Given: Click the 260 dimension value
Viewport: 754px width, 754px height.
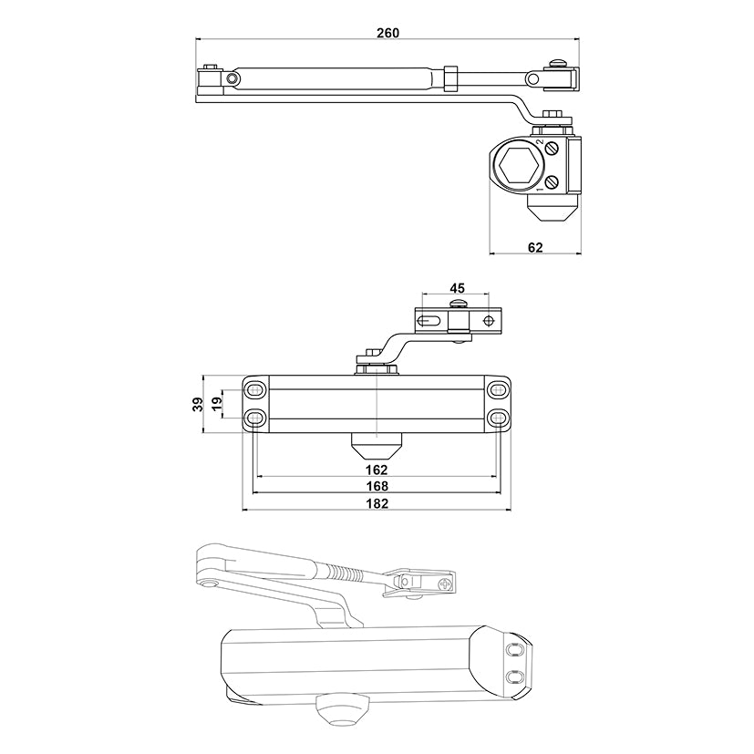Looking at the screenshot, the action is coord(387,33).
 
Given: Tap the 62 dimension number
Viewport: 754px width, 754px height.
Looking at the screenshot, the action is coord(534,247).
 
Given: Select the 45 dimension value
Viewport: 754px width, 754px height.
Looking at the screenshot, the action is coord(457,288).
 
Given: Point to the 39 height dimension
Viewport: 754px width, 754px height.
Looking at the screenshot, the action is coord(198,404).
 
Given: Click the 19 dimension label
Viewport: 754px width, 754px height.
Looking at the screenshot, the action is coord(217,403).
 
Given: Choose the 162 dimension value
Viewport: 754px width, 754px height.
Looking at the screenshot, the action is coord(377,470).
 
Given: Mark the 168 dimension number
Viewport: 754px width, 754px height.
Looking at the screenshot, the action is coord(377,486).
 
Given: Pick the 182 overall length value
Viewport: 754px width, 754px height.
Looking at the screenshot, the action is coord(377,503).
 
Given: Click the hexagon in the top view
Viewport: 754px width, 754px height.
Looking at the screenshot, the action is coord(519,166).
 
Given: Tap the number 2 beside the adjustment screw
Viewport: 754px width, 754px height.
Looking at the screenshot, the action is coord(540,142).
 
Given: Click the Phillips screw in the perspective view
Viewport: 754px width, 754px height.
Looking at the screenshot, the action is coord(446,584).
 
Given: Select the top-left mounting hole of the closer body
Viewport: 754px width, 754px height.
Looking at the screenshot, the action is coord(256,389).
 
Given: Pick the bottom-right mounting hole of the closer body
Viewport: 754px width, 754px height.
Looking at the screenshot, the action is coord(498,417).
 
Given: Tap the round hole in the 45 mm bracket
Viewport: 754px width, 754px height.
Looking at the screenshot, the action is coord(489,320).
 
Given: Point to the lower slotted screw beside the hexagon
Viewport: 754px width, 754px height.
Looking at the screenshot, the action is coord(552,182).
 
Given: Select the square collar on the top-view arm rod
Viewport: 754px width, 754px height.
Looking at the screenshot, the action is coord(450,78).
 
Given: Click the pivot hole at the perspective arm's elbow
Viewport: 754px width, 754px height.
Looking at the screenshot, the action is coord(208,584).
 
